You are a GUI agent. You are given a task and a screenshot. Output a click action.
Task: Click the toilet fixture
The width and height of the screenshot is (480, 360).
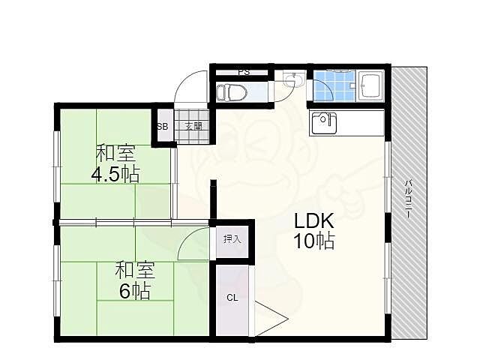pos(232,92)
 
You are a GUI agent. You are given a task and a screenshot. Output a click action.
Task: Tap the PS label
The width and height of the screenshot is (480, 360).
pos(244,72)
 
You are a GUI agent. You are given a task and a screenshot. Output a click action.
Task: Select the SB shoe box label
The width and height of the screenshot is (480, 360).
pos(163,127)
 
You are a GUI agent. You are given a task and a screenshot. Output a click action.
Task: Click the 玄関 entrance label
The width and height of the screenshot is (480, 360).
pos(193,126)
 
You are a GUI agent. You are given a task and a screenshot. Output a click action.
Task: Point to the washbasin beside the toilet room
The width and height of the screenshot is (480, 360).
pos(293,79)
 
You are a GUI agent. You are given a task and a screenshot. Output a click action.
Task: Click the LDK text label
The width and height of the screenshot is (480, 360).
pos(313,220)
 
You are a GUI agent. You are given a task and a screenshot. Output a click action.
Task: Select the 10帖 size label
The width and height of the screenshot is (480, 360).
pos(313,240)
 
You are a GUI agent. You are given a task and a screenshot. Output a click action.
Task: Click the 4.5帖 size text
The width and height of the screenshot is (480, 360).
pos(116,175)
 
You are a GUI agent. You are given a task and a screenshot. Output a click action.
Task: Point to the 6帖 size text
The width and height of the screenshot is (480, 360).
pos(135,291)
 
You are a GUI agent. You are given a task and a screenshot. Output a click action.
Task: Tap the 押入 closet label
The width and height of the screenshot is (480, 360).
pos(232,239)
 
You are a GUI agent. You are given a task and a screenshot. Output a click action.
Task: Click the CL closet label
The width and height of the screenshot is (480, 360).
pos(232,298)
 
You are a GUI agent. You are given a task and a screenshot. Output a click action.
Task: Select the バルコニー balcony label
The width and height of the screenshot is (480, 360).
pos(408,199)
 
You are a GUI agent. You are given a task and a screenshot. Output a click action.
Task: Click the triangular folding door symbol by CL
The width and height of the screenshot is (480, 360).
pos(271,319)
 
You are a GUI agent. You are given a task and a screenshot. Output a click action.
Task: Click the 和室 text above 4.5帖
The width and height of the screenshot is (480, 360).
pos(116,153)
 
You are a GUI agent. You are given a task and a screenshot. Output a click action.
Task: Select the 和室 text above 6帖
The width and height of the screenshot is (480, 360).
pos(135,270)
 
